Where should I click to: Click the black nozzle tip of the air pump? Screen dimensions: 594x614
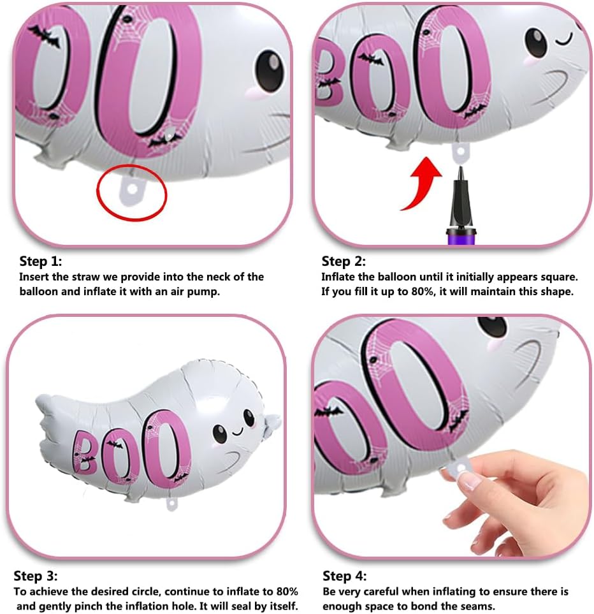coord(461,172)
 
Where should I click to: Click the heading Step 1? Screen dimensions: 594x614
coord(40,261)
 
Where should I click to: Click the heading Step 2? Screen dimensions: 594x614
coord(343,261)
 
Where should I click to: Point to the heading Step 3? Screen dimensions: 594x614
coord(35,576)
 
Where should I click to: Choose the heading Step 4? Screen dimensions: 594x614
coord(344,576)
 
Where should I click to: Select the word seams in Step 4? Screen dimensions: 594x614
coord(476,606)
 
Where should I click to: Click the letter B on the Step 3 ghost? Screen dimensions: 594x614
coord(85,451)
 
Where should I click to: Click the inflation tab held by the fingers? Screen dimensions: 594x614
coord(460,468)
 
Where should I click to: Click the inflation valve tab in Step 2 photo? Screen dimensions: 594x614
coord(461,152)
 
